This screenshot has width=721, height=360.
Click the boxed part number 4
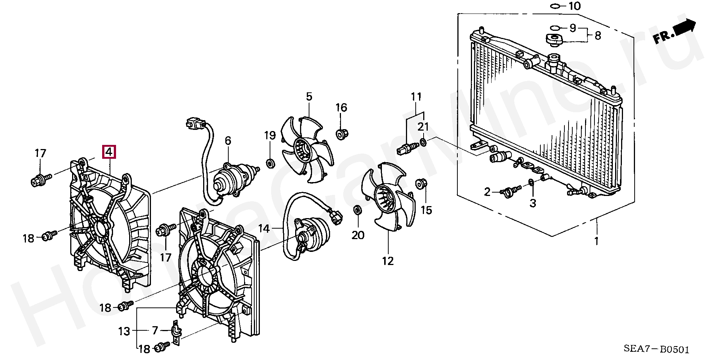[x=109, y=152]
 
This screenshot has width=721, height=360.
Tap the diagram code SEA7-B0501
[x=657, y=350]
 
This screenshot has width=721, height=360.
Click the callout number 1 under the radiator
[x=596, y=241]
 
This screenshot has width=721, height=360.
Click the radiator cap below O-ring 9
[x=553, y=39]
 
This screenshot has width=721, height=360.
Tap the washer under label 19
[x=270, y=163]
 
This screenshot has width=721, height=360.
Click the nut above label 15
[x=420, y=184]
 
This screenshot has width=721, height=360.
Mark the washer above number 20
[x=357, y=209]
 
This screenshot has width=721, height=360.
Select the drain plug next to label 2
[x=510, y=191]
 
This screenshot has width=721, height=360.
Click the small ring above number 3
[x=531, y=183]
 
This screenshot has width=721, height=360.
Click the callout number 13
[x=124, y=331]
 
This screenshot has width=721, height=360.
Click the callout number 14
[x=264, y=228]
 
